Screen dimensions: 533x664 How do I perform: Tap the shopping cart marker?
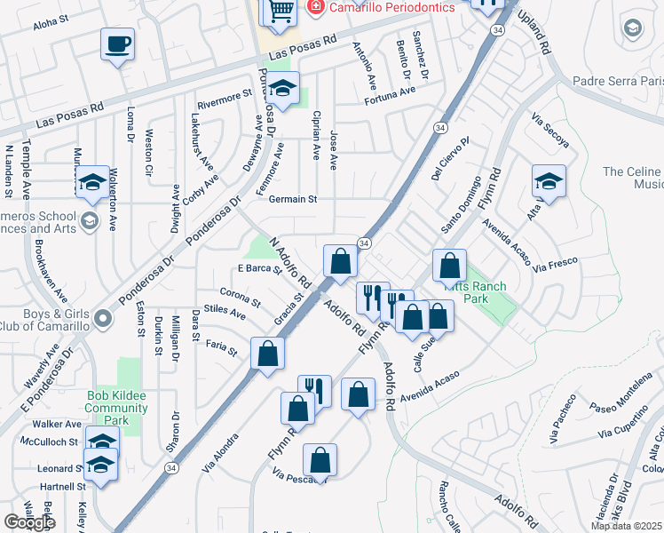(x=279, y=11)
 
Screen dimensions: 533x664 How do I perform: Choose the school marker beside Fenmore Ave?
(x=283, y=90)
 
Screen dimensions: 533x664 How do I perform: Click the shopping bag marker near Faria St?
(x=267, y=354)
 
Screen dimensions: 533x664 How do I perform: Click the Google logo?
(x=28, y=522)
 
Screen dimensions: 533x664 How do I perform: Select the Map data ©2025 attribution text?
(x=626, y=526)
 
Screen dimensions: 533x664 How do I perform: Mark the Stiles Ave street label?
(x=225, y=312)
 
